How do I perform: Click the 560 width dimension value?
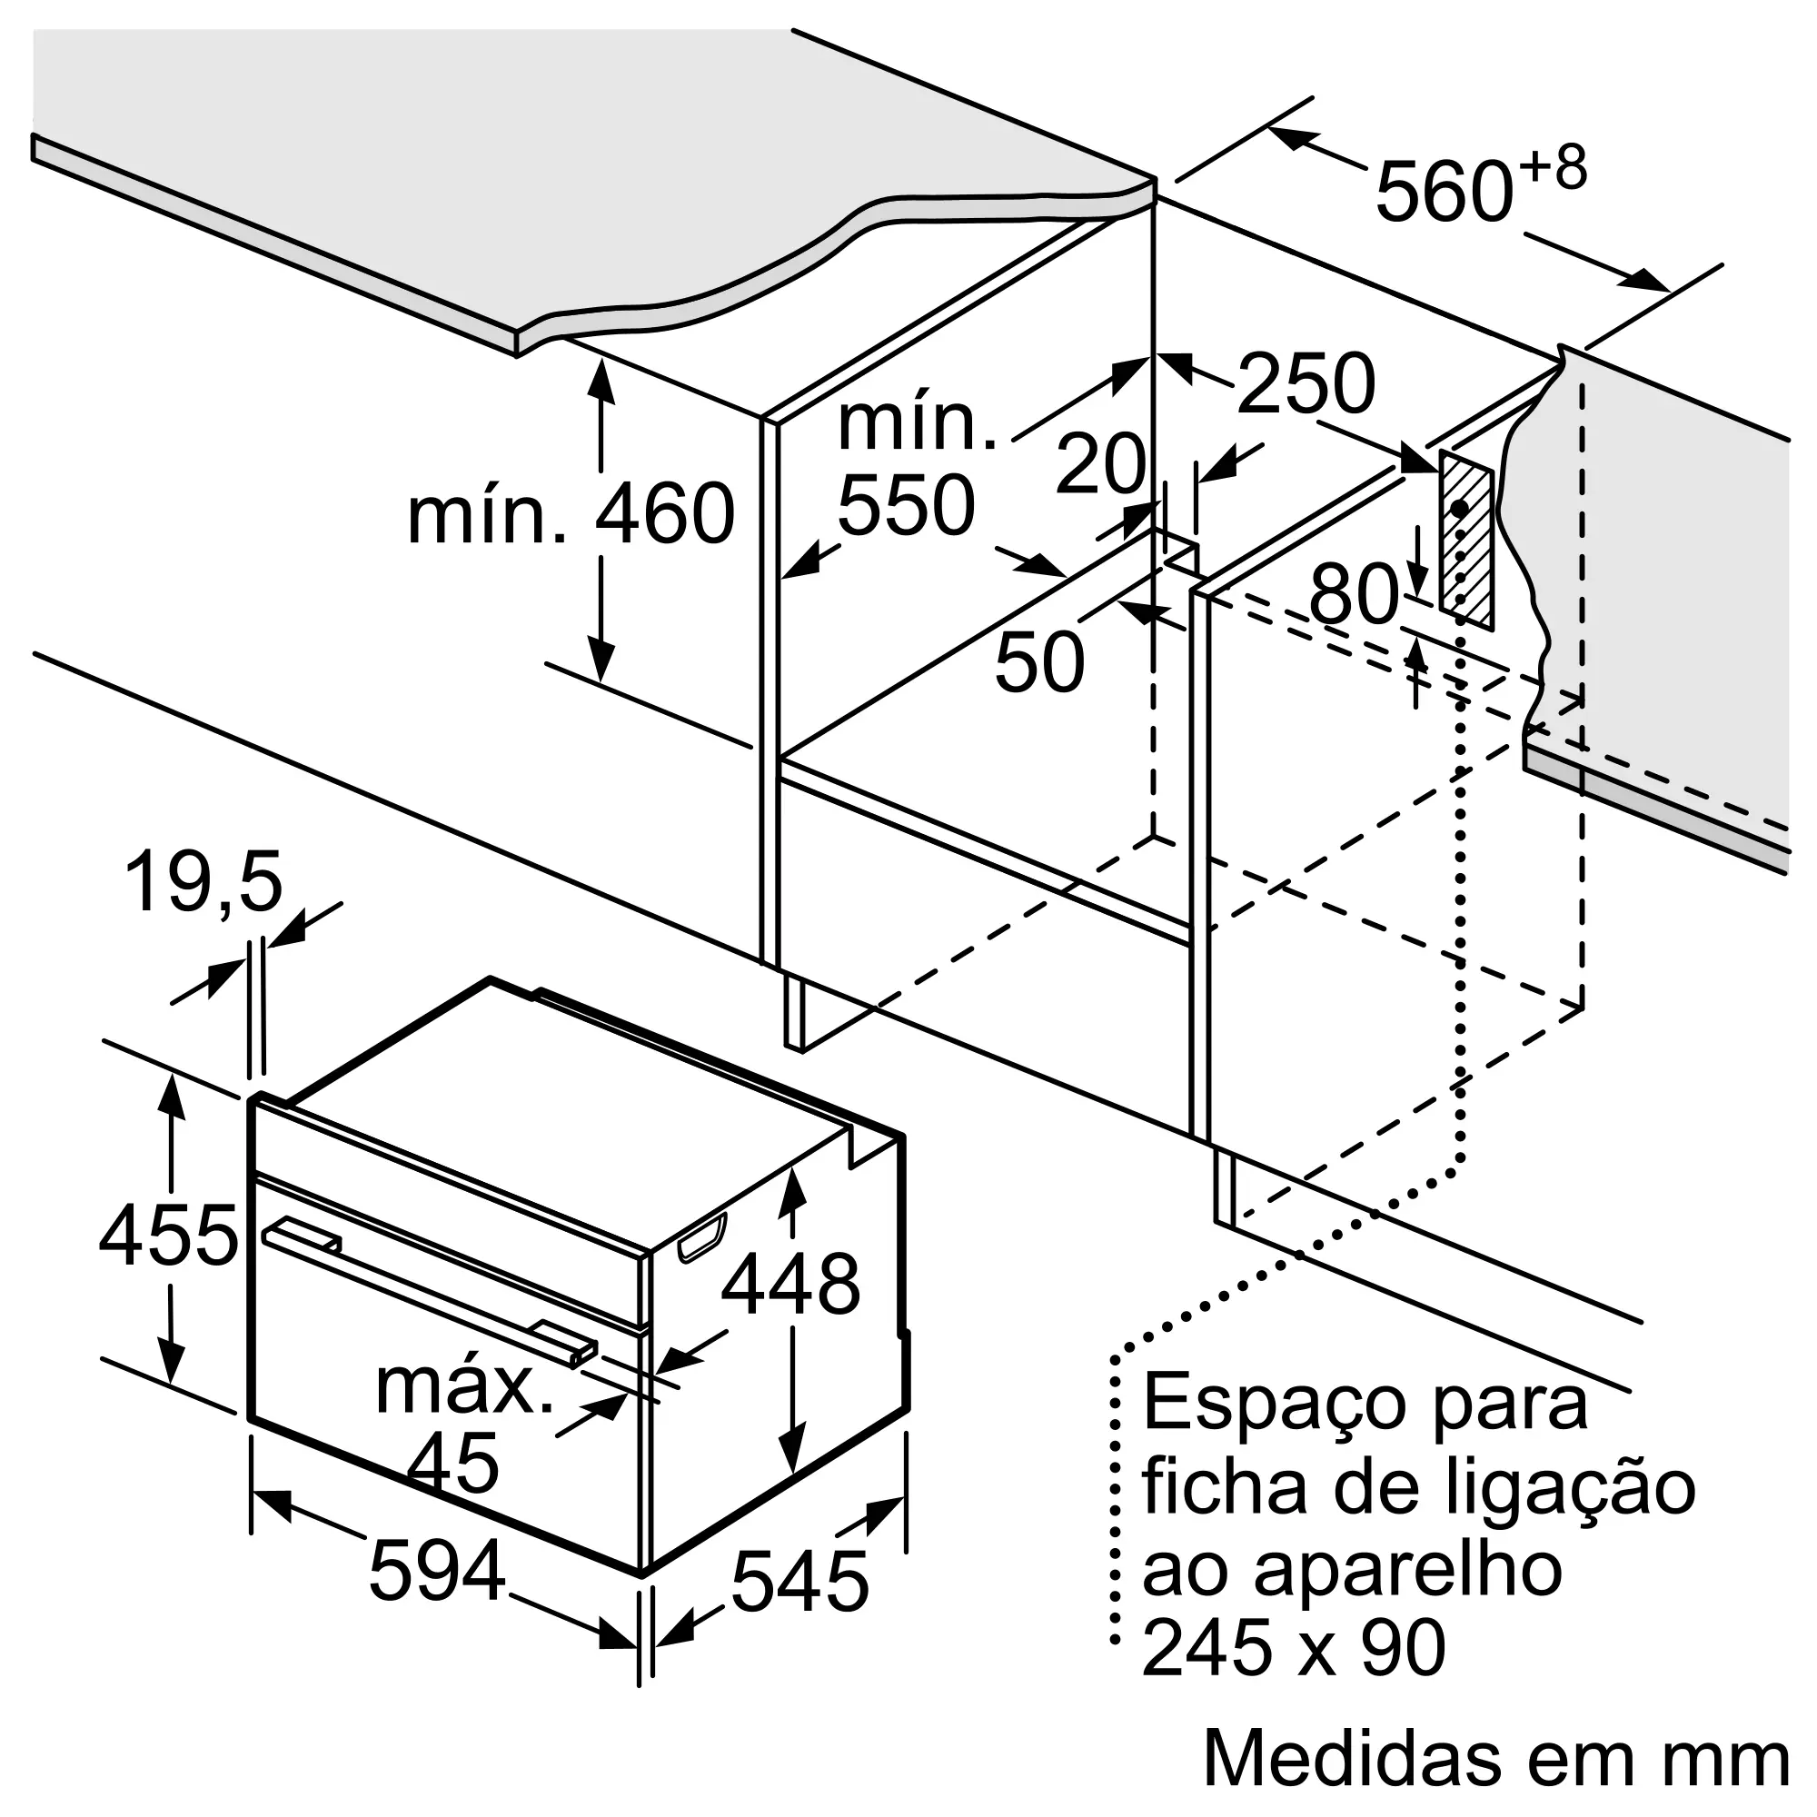click(x=1444, y=192)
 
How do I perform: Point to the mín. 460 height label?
click(x=570, y=513)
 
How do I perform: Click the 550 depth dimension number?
click(x=905, y=506)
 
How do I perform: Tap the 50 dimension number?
click(x=1039, y=662)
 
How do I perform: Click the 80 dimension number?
click(x=1355, y=594)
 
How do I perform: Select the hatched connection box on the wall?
click(x=1465, y=539)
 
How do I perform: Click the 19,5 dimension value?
click(x=204, y=883)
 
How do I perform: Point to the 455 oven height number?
click(x=168, y=1236)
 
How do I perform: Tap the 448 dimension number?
click(x=790, y=1284)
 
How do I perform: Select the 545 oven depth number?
click(x=799, y=1583)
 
